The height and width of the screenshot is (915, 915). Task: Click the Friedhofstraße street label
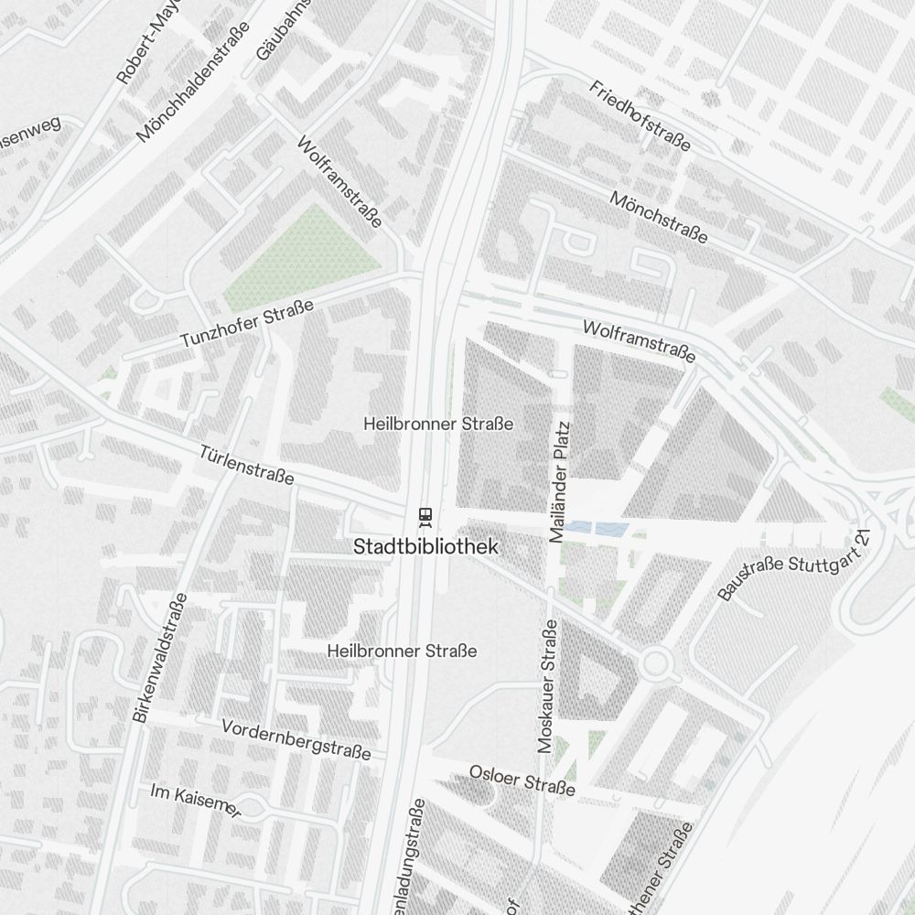pyautogui.click(x=640, y=116)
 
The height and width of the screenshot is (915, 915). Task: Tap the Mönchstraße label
pyautogui.click(x=659, y=218)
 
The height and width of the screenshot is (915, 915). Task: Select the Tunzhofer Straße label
pyautogui.click(x=247, y=324)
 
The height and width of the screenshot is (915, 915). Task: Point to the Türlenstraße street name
pyautogui.click(x=247, y=465)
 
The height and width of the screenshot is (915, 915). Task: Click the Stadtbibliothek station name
pyautogui.click(x=426, y=546)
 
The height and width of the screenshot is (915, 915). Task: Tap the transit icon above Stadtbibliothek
pyautogui.click(x=425, y=518)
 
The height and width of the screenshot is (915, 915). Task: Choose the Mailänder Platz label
pyautogui.click(x=561, y=482)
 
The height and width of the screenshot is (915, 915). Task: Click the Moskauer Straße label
pyautogui.click(x=547, y=686)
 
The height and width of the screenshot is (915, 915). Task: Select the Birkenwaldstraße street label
pyautogui.click(x=160, y=659)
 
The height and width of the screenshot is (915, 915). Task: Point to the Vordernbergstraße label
pyautogui.click(x=296, y=738)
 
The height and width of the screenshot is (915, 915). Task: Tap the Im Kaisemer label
pyautogui.click(x=196, y=801)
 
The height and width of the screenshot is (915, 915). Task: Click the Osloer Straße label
pyautogui.click(x=522, y=779)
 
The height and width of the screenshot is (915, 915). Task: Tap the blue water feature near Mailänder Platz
pyautogui.click(x=596, y=528)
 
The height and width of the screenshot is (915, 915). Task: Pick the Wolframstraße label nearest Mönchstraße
pyautogui.click(x=639, y=340)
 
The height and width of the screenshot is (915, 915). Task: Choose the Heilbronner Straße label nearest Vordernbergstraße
pyautogui.click(x=403, y=651)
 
